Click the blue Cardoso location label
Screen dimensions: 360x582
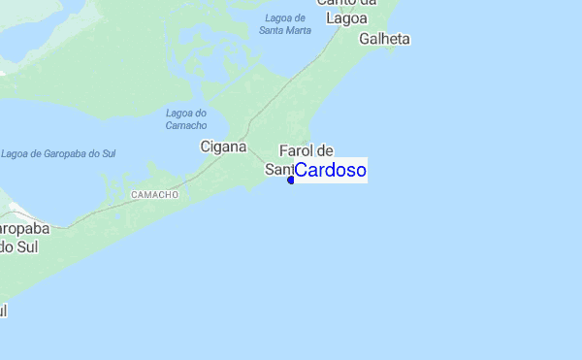click(330, 171)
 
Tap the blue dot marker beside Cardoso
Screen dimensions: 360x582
click(291, 180)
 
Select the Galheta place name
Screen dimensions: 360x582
click(384, 40)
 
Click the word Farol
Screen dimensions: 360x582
click(297, 151)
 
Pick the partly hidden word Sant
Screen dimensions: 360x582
click(277, 170)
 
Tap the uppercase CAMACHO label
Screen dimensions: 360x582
click(154, 195)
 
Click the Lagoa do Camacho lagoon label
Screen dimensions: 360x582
click(186, 119)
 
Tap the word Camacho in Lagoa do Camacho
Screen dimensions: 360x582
click(186, 126)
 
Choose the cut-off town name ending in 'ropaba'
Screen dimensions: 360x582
click(21, 229)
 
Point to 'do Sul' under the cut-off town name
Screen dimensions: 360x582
click(17, 246)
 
